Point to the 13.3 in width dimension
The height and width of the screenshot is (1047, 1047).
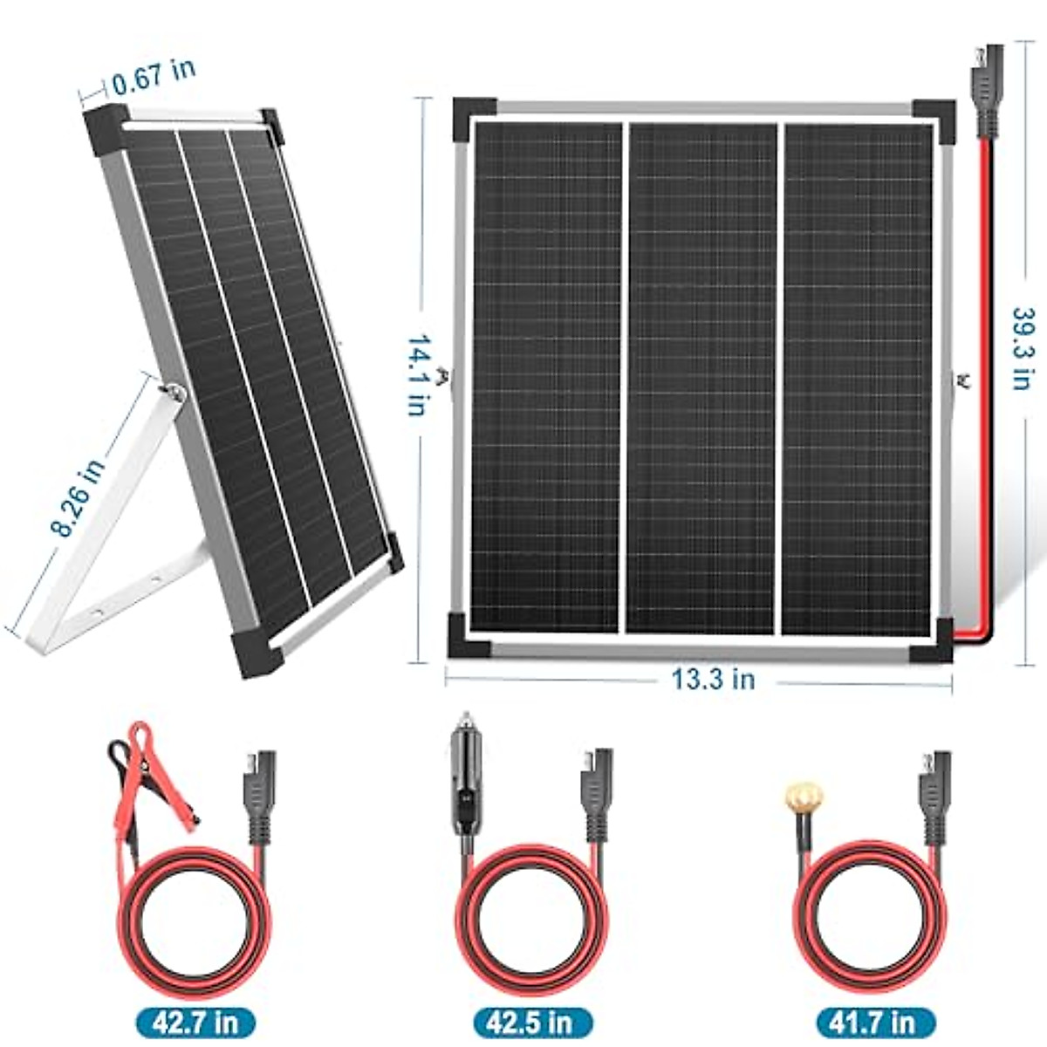pos(713,679)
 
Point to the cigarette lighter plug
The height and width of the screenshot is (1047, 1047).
pos(466,777)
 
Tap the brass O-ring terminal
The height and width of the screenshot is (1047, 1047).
pos(804,797)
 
